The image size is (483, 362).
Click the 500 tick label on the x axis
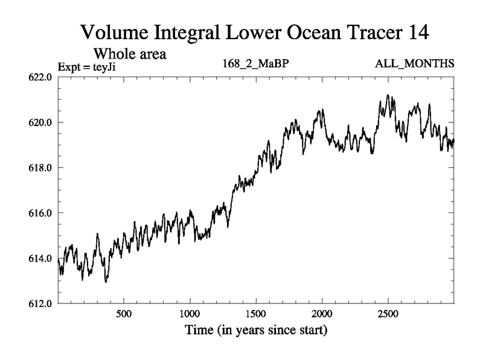124,314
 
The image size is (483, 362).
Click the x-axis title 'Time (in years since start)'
255,331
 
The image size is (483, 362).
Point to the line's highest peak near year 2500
388,95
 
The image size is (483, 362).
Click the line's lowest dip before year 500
106,282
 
